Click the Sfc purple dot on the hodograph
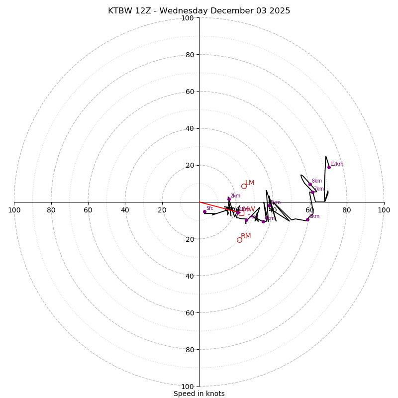click(204, 211)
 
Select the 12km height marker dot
click(329, 167)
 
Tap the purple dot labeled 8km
click(310, 184)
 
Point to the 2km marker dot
click(229, 199)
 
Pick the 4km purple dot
click(263, 221)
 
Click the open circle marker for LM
click(244, 186)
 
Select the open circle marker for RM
click(239, 240)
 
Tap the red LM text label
click(250, 183)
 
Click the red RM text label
click(246, 236)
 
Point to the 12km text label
click(337, 164)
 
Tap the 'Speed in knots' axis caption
click(199, 394)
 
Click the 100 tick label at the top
click(188, 18)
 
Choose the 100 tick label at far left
click(14, 210)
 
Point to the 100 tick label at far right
click(384, 210)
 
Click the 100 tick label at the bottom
click(188, 387)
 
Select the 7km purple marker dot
click(312, 192)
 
